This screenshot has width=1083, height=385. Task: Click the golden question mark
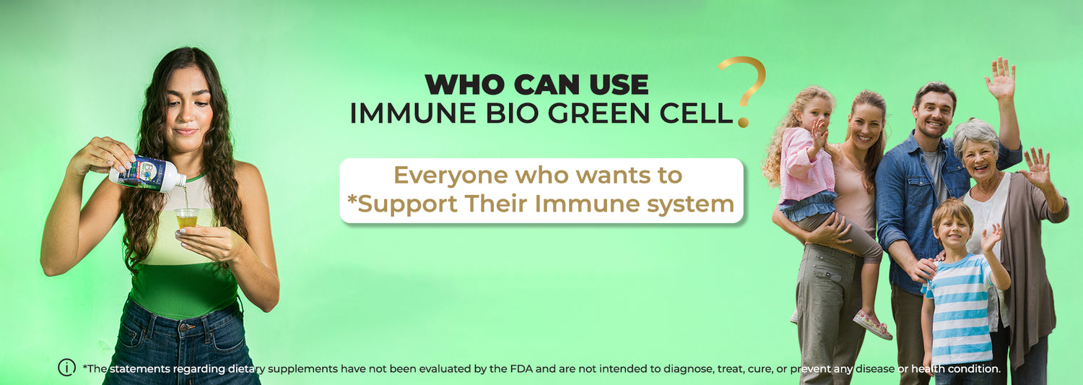[x=744, y=89]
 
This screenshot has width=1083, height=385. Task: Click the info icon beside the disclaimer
[x=66, y=368]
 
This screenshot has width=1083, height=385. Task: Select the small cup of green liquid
[x=186, y=217]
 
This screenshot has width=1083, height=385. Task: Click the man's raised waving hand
[x=1001, y=78]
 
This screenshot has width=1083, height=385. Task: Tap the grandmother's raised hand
[x=1037, y=167]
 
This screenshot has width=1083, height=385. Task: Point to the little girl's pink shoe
[x=872, y=324]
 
